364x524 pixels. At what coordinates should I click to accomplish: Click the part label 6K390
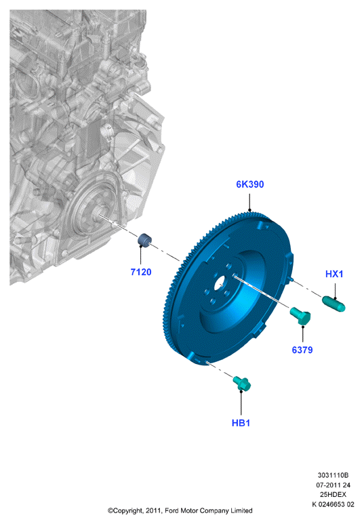pyautogui.click(x=249, y=184)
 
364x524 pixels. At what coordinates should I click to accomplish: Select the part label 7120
pyautogui.click(x=141, y=273)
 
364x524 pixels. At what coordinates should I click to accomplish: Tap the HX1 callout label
pyautogui.click(x=334, y=274)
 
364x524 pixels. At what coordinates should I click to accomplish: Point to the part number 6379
pyautogui.click(x=302, y=350)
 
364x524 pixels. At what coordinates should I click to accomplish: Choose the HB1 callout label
pyautogui.click(x=241, y=423)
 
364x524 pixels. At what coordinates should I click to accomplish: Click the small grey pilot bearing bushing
pyautogui.click(x=145, y=240)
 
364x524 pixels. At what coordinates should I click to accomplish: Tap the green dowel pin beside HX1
pyautogui.click(x=333, y=304)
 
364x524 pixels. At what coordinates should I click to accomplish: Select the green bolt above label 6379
pyautogui.click(x=300, y=316)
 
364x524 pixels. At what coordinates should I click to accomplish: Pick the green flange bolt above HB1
pyautogui.click(x=242, y=383)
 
